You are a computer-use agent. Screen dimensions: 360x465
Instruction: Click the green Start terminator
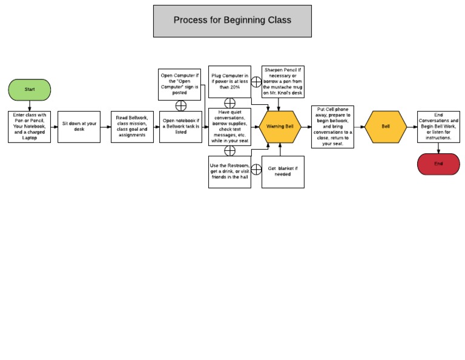click(x=29, y=90)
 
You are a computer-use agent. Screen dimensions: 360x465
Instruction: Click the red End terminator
click(x=438, y=164)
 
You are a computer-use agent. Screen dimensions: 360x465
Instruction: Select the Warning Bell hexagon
click(x=280, y=127)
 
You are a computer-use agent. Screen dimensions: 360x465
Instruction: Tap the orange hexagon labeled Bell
click(x=386, y=127)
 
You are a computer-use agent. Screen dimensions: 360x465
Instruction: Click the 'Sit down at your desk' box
click(x=79, y=127)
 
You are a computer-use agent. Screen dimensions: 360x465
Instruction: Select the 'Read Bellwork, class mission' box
click(x=132, y=127)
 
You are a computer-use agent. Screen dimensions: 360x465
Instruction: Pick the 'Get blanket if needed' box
click(x=283, y=172)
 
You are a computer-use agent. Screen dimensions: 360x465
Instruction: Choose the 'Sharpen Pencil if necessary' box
click(x=283, y=82)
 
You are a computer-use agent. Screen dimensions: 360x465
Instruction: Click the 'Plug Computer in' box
click(x=229, y=82)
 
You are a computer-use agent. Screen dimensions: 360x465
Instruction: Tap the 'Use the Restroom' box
click(x=229, y=172)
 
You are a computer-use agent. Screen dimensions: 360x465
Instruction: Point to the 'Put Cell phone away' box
click(x=332, y=127)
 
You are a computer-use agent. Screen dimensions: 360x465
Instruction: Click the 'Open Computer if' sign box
click(x=179, y=84)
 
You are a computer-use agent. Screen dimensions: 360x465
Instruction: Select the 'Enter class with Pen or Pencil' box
click(x=29, y=127)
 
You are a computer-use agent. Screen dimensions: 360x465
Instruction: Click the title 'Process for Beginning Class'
click(x=232, y=21)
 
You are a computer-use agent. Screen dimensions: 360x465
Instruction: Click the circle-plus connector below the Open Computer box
click(x=180, y=105)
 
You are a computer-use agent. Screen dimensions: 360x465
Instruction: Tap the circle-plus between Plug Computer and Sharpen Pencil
click(x=256, y=82)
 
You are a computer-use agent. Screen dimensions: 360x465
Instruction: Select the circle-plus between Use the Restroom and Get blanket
click(x=256, y=169)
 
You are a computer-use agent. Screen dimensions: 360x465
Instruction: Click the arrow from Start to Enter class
click(x=29, y=105)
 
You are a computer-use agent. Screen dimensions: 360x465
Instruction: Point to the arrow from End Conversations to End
click(x=438, y=148)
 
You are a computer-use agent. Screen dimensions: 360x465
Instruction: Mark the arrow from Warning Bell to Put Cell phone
click(x=306, y=127)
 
